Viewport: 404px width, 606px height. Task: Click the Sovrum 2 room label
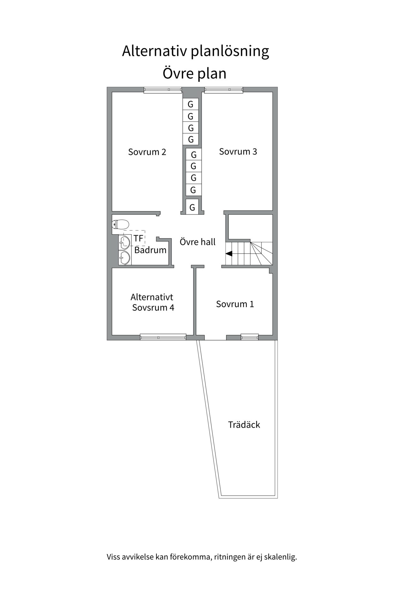147,152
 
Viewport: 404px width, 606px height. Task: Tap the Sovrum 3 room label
238,152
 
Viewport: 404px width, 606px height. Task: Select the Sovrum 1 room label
235,304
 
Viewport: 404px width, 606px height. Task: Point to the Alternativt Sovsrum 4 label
152,302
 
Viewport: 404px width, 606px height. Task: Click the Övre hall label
198,242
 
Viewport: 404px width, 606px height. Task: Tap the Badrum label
150,250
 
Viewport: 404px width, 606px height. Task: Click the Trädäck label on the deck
244,425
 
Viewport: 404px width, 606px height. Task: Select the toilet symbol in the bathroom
121,224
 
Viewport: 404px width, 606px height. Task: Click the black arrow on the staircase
229,253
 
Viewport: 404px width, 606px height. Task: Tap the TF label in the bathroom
138,238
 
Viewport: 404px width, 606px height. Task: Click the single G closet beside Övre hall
192,207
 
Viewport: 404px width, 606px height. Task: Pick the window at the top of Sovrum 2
163,90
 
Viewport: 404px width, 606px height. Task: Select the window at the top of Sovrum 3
223,90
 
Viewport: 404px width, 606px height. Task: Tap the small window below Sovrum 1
250,337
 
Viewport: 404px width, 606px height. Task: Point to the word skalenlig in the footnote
280,557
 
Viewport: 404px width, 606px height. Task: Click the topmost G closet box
191,104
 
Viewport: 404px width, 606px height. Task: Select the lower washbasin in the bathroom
125,258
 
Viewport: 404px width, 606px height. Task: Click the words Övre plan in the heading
194,74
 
